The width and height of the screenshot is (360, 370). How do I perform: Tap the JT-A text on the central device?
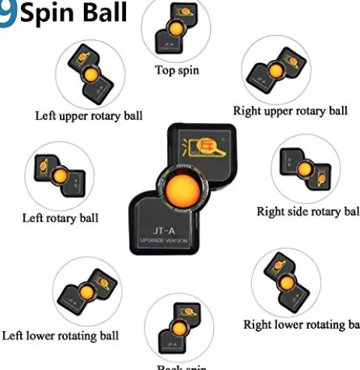point(170,231)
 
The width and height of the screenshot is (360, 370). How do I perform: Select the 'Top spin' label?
point(177,71)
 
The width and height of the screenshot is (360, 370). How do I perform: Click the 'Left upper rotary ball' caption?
point(88,116)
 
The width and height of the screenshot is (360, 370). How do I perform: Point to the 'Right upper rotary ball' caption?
point(290,111)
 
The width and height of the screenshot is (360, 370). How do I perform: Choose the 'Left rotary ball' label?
point(61,218)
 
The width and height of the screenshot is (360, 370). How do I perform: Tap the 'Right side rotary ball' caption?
point(307,212)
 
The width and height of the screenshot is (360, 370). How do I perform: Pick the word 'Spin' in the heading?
point(48,13)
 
